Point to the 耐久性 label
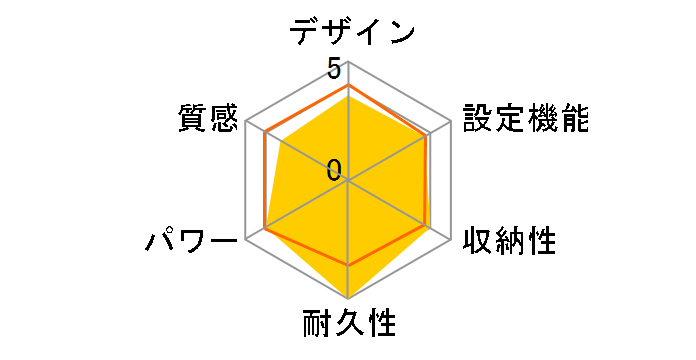(x=349, y=325)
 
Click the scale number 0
(x=333, y=169)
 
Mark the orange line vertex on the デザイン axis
(x=348, y=86)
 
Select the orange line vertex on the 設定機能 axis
(x=427, y=136)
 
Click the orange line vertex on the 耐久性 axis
(x=348, y=265)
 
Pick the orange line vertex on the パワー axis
(x=264, y=229)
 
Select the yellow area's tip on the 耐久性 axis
(x=348, y=298)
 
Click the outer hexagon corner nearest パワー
(x=246, y=239)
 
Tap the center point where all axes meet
(x=348, y=180)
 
